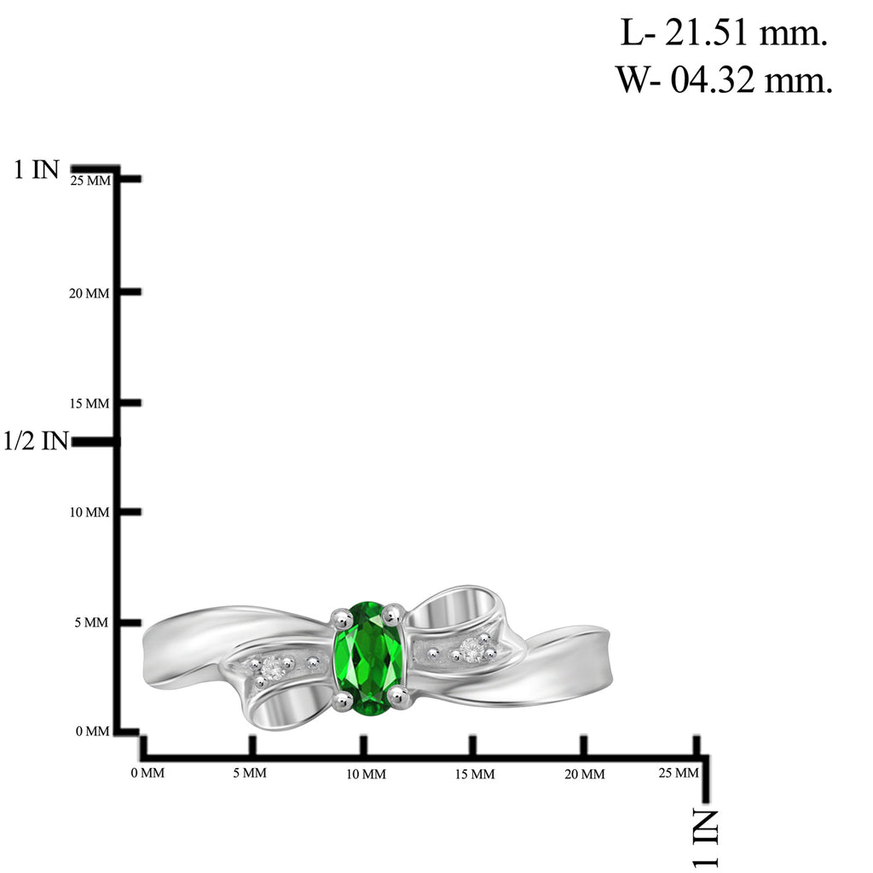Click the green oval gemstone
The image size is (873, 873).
pos(368,657)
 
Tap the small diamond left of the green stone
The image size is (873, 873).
pos(273,668)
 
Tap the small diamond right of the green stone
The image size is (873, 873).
pos(471,649)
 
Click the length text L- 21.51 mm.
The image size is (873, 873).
pos(724,33)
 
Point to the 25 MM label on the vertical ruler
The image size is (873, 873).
pos(90,181)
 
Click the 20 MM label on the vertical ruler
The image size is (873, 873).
pos(89,293)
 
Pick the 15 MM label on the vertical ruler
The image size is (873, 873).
pos(90,403)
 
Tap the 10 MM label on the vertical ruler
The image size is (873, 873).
pos(90,512)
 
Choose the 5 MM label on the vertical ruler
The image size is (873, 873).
pos(92,622)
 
